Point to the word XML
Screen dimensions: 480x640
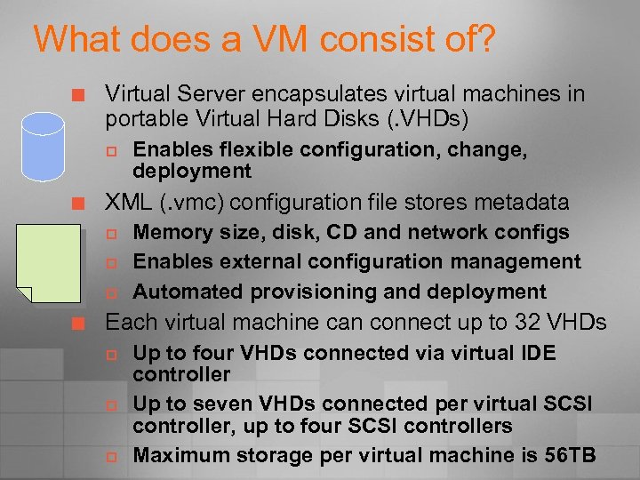click(127, 203)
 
